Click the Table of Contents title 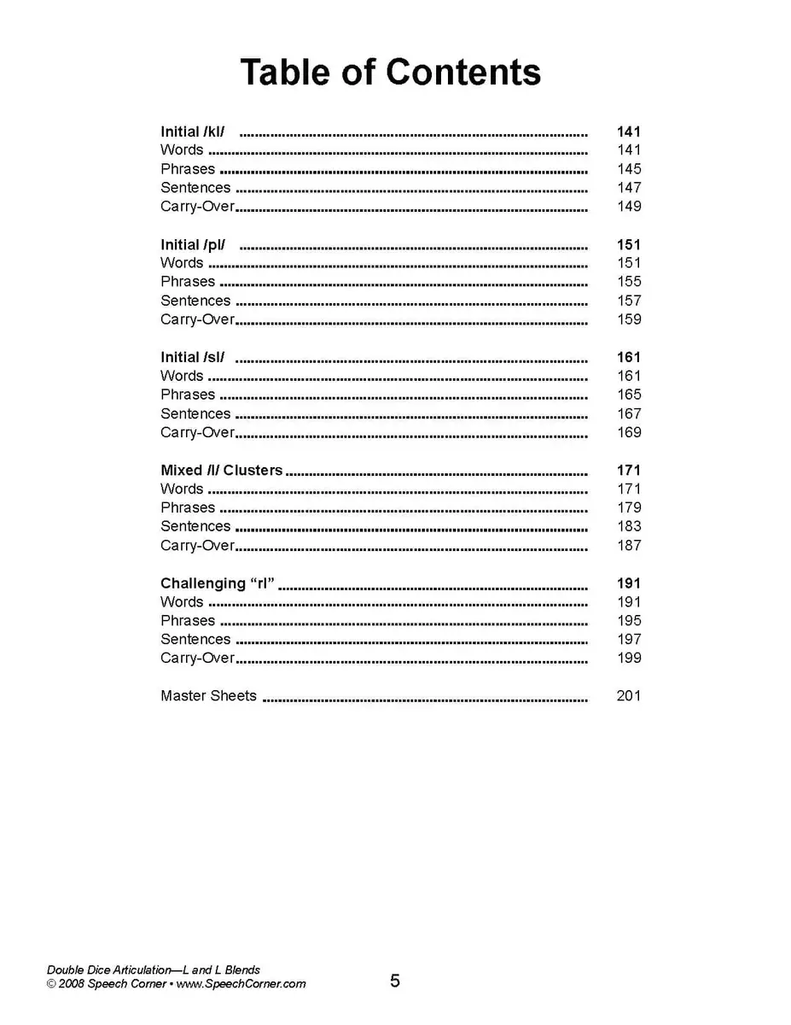pos(390,73)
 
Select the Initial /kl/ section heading pos(193,132)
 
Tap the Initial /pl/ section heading pos(193,244)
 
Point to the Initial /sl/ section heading pos(192,357)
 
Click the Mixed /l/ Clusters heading pos(221,470)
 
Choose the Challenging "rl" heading pos(218,583)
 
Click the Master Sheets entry pos(208,696)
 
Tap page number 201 pos(628,696)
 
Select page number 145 pos(629,169)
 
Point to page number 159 pos(629,319)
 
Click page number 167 pos(629,413)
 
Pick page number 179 pos(629,507)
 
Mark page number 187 pos(629,545)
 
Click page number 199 pos(629,658)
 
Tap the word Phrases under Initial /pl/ pos(188,282)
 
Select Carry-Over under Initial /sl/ pos(197,432)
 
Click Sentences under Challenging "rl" pos(195,639)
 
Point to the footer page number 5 pos(395,981)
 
